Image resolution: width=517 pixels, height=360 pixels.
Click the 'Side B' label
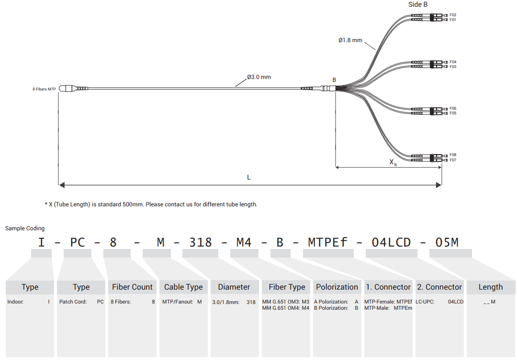tap(418, 4)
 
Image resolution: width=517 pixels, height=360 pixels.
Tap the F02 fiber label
tap(453, 15)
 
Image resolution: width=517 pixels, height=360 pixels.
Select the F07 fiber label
tap(453, 160)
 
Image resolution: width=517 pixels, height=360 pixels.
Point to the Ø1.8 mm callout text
tap(350, 40)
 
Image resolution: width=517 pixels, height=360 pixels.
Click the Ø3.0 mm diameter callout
tap(259, 77)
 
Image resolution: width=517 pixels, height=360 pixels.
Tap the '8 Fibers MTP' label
tap(44, 89)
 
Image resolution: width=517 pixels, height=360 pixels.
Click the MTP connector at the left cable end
tap(73, 89)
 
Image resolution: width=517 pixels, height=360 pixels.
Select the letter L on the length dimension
tap(249, 177)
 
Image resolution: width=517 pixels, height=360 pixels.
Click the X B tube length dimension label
tap(393, 162)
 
